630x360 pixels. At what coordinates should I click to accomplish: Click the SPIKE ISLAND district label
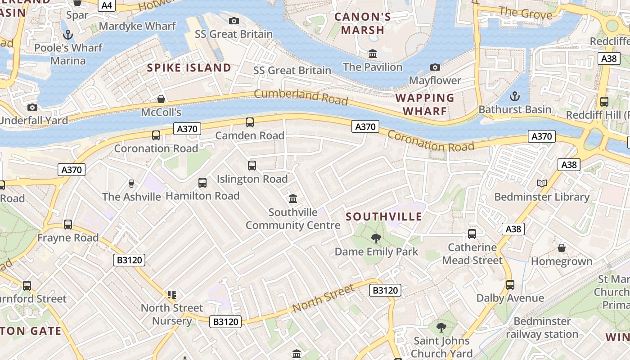[189, 68]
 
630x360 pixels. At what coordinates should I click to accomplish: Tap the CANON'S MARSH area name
[363, 24]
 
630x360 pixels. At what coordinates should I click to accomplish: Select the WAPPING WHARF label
[425, 104]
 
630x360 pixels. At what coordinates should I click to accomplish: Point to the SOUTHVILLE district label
[384, 216]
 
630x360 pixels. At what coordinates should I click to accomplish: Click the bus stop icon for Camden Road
[249, 122]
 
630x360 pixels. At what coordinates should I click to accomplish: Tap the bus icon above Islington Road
[252, 166]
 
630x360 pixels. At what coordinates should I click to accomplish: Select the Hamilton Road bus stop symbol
[202, 182]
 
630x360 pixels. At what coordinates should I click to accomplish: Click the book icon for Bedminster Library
[542, 183]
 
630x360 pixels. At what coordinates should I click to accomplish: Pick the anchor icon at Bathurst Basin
[514, 96]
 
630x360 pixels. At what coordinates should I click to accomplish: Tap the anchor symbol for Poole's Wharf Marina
[68, 34]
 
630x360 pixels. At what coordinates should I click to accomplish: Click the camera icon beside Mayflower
[435, 67]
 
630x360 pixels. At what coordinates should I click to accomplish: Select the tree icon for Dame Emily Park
[376, 238]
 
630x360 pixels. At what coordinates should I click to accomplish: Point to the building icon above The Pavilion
[373, 54]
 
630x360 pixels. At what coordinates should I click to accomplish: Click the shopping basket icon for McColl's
[161, 99]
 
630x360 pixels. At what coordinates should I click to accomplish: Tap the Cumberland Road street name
[301, 96]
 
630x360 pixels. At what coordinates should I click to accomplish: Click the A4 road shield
[108, 5]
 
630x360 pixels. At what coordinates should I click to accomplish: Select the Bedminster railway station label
[542, 328]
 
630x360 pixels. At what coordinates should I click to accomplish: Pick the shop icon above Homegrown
[562, 248]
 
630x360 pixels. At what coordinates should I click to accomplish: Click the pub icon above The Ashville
[131, 183]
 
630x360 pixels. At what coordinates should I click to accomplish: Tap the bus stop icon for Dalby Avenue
[510, 284]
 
